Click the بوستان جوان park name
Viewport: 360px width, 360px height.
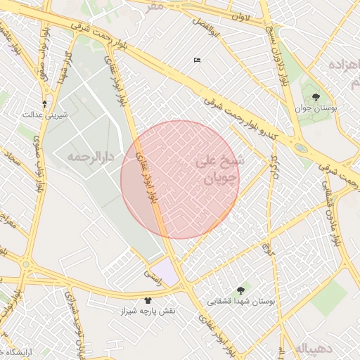[x=316, y=110]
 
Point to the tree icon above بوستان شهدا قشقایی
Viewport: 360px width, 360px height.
[x=241, y=289]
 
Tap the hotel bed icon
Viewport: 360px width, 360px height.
[x=197, y=60]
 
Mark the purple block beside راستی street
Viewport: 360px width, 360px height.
[x=166, y=271]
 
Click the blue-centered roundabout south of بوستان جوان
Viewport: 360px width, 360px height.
[x=300, y=148]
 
